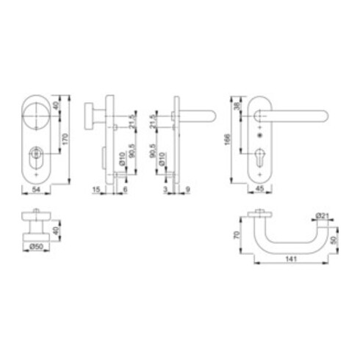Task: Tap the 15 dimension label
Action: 96,190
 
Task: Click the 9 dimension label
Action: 190,190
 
